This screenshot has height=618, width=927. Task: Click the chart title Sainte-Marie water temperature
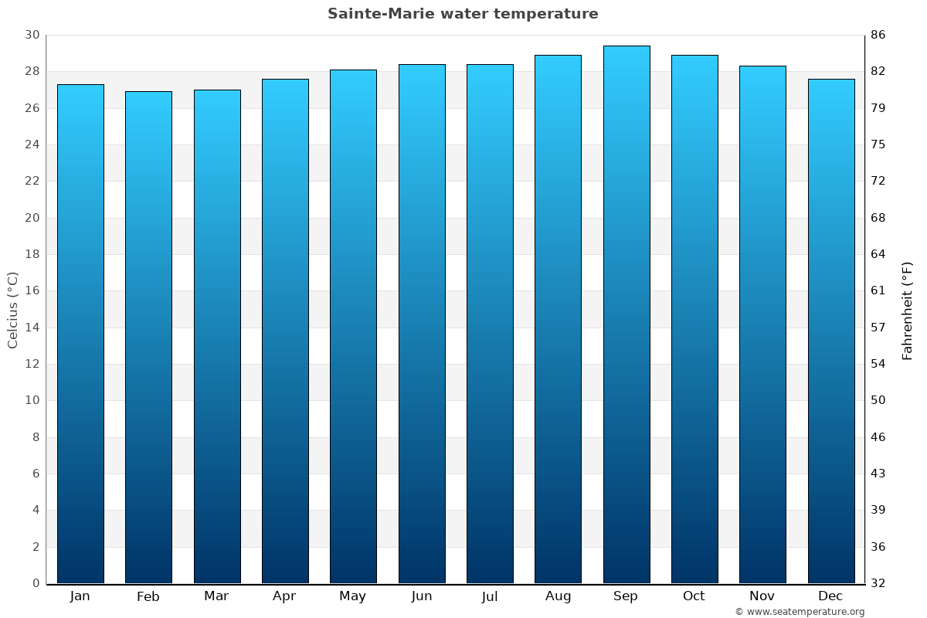463,14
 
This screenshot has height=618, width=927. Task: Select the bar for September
626,314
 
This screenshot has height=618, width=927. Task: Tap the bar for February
148,337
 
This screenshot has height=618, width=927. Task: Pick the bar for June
422,324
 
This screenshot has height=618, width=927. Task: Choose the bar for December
831,331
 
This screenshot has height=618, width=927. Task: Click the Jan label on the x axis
80,596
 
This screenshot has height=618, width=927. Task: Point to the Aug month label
559,596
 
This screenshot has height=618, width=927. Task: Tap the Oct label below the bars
694,596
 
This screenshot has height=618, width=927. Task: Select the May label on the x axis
353,596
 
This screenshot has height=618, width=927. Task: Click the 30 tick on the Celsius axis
32,35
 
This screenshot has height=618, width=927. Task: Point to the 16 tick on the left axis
32,291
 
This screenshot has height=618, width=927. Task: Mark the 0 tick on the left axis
36,583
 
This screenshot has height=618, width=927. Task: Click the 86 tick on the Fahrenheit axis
878,35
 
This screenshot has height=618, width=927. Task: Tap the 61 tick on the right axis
878,291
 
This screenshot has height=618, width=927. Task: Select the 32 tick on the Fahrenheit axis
878,583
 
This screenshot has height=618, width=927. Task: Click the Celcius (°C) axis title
12,310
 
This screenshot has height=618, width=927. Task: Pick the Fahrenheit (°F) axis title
908,310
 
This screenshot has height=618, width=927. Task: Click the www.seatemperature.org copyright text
800,612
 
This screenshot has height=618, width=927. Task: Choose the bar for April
285,331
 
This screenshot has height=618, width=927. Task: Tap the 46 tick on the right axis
878,437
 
